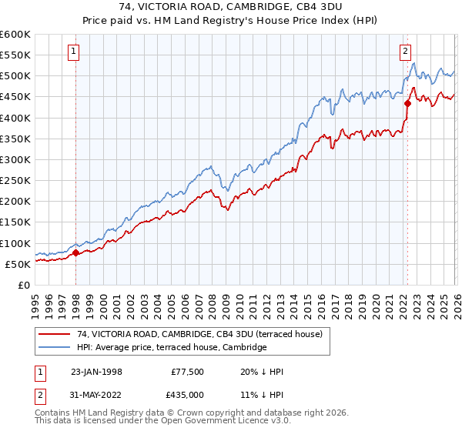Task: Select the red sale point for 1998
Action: point(75,252)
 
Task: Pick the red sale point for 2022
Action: point(407,103)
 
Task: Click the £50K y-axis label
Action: point(18,264)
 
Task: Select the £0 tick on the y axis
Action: point(25,285)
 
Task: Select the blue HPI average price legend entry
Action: point(172,348)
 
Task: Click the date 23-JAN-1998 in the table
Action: point(95,372)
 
